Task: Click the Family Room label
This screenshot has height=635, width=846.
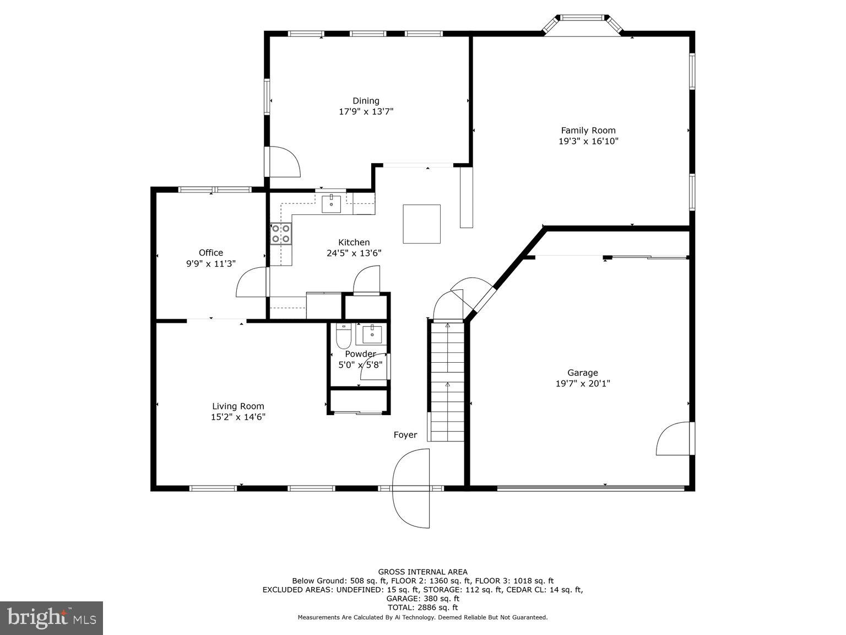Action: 588,131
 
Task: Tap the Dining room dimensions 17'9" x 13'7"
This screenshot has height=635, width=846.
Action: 366,112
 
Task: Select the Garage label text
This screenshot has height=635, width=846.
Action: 582,373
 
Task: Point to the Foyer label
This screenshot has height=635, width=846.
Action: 405,435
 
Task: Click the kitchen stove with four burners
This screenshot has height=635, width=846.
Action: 281,234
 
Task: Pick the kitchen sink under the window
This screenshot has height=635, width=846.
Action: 332,203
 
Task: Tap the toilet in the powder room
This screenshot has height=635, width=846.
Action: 344,335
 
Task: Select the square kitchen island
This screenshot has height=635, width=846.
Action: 421,224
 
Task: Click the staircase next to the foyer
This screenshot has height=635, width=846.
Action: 447,381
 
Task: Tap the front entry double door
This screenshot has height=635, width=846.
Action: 411,488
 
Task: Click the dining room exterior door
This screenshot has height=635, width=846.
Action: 283,162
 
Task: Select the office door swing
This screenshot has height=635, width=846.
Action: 251,282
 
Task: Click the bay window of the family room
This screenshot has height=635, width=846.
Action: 583,25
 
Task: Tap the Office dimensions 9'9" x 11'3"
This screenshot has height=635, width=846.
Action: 210,264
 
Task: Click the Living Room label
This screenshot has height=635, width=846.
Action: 238,407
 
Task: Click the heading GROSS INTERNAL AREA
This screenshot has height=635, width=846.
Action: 422,572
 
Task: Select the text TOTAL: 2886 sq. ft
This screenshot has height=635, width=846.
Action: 422,607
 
